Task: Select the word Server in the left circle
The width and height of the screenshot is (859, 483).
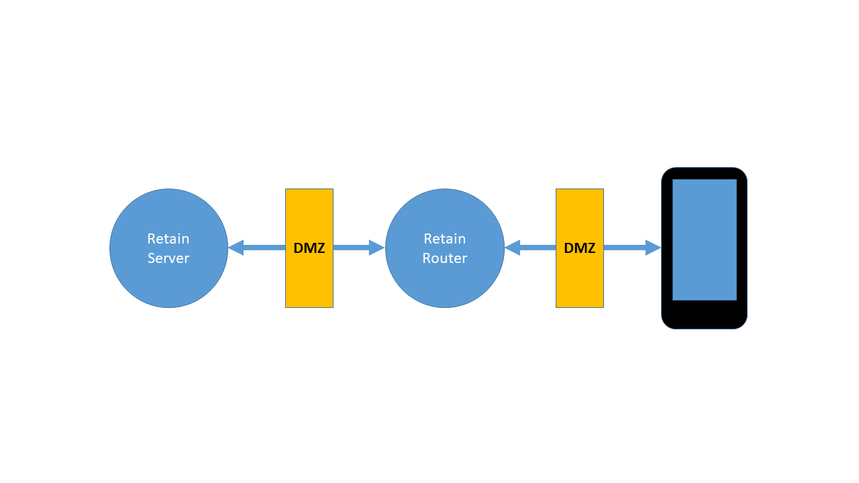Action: (x=168, y=258)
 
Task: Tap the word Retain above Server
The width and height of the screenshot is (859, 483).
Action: (x=168, y=239)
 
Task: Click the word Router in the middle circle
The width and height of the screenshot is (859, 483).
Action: (x=444, y=258)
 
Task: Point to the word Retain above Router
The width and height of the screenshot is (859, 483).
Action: (x=444, y=239)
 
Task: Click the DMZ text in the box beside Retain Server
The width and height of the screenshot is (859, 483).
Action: (x=309, y=248)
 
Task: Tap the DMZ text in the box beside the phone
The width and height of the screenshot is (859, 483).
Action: (x=580, y=248)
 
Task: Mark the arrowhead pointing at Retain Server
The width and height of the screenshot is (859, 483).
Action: (x=236, y=248)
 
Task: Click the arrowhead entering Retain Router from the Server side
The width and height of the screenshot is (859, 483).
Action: (x=377, y=248)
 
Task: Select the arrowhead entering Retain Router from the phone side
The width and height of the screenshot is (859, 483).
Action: (x=512, y=248)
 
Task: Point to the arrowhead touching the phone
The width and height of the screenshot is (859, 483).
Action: (x=654, y=248)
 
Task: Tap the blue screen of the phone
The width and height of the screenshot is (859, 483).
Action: (x=705, y=239)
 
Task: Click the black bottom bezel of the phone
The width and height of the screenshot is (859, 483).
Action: (x=705, y=315)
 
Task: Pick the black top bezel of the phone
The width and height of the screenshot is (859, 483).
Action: (x=705, y=173)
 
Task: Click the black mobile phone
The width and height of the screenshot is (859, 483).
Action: (x=705, y=315)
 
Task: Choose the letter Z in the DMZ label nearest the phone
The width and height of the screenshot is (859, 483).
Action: (x=591, y=248)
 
